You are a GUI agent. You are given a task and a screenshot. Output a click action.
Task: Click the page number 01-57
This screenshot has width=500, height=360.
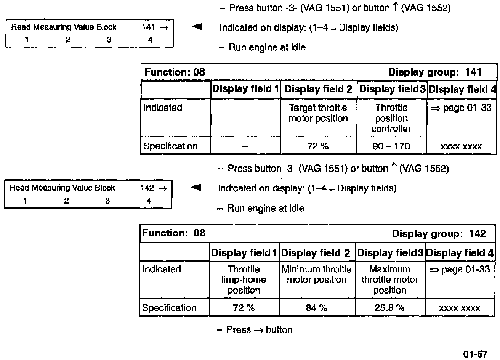[475, 354]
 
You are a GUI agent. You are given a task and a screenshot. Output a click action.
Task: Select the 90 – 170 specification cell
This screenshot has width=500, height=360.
[391, 146]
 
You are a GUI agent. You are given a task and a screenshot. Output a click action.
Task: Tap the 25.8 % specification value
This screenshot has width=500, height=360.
[389, 308]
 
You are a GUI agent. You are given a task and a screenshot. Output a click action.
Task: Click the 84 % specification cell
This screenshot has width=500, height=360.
[317, 308]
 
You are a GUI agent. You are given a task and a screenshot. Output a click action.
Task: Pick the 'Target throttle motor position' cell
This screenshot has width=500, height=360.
[318, 113]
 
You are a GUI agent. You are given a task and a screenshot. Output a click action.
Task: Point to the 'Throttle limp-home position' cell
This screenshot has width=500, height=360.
[244, 280]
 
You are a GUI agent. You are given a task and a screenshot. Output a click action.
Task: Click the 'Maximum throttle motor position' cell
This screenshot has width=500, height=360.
[390, 280]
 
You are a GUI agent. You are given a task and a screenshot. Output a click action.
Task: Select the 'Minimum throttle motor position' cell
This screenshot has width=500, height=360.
[317, 275]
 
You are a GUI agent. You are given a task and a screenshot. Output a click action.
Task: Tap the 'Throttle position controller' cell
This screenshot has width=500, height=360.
[391, 118]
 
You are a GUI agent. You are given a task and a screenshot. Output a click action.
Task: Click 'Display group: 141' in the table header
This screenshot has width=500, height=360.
[434, 72]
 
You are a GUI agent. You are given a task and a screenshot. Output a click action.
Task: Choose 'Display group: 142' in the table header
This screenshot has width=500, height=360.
[439, 234]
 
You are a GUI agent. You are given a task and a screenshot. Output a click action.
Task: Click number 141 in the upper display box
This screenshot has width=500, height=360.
[148, 27]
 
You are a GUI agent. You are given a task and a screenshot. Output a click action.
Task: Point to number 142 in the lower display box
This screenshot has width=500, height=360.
[147, 188]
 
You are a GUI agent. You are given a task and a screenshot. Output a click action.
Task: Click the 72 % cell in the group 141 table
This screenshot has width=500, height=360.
[318, 146]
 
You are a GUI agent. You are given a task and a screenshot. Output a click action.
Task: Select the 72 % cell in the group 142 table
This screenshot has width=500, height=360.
[244, 308]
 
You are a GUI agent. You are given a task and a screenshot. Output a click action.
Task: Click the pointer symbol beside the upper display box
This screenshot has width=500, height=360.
[197, 27]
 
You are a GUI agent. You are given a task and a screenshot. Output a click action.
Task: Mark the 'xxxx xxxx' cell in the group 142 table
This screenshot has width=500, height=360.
[460, 308]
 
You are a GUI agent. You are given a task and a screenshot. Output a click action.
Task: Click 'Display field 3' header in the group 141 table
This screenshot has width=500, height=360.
[392, 90]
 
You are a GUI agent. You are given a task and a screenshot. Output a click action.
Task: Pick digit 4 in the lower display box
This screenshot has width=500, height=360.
[149, 201]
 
